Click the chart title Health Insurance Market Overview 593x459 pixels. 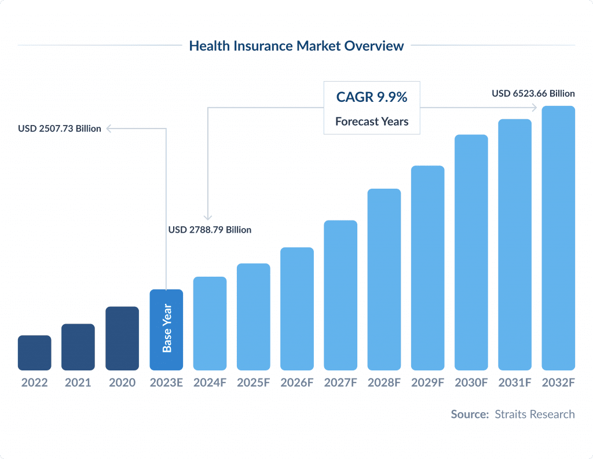[296, 46]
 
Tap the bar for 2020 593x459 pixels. [122, 338]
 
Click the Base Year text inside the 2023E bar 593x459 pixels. [167, 328]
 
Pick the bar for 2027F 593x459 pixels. [341, 295]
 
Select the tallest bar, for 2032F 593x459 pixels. [558, 238]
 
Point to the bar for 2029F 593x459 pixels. [428, 267]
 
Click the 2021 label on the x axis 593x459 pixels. [78, 383]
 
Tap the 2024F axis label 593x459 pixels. [210, 383]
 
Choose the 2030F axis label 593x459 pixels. [471, 383]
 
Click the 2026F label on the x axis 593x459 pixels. [297, 383]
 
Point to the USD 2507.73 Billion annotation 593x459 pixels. [60, 128]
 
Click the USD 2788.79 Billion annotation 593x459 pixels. [210, 230]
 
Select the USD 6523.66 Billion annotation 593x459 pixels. [533, 93]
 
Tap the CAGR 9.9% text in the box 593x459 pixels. [372, 97]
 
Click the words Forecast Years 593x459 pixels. [372, 122]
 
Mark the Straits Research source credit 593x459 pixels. [535, 414]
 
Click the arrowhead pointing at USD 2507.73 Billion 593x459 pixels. [109, 128]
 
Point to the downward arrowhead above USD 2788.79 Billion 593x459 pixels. [207, 216]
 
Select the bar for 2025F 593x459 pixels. [254, 317]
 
